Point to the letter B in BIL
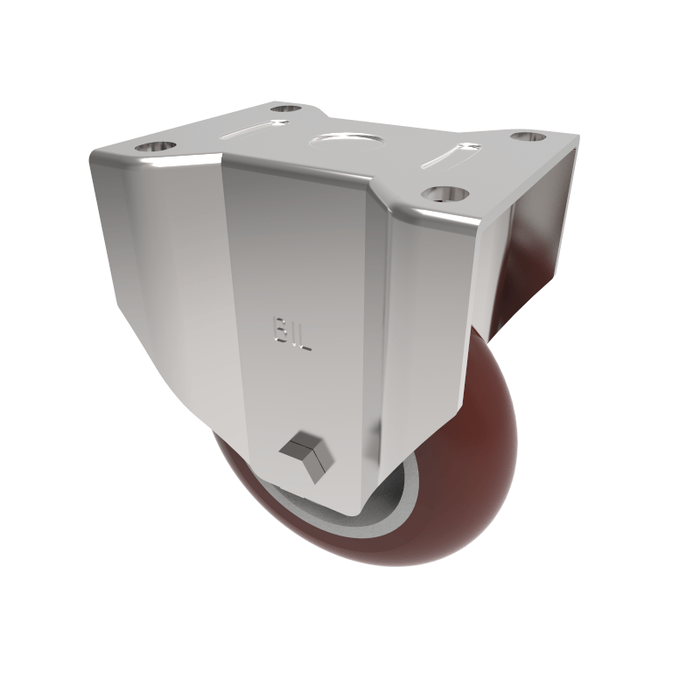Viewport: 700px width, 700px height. pyautogui.click(x=279, y=332)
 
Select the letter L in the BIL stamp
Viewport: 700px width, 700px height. pyautogui.click(x=307, y=333)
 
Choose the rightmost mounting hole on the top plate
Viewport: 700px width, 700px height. pyautogui.click(x=527, y=137)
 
